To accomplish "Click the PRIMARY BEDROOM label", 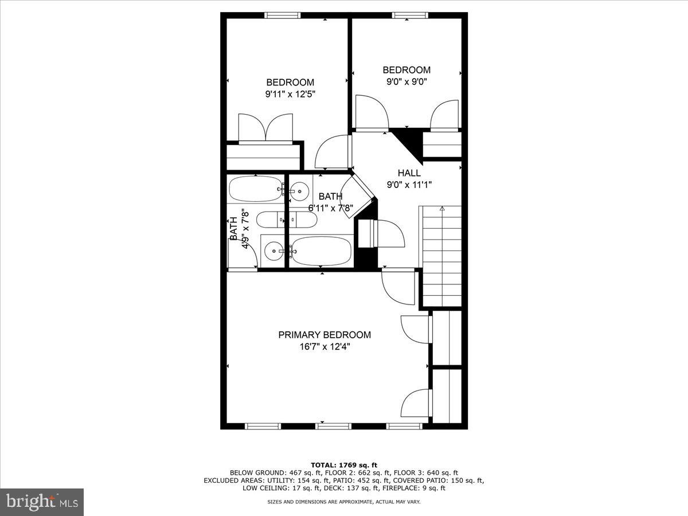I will (x=325, y=335).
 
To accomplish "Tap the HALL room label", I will (x=409, y=173).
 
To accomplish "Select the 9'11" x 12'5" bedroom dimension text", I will (x=290, y=94).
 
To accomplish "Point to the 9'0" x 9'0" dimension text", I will (x=406, y=81).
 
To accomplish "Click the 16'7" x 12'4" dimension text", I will (x=325, y=346).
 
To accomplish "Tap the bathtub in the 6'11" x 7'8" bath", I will (x=321, y=251).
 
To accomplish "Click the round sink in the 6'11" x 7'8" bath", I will (x=299, y=191).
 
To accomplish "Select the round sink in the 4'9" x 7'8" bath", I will (x=274, y=251).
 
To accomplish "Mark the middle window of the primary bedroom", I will (x=334, y=426).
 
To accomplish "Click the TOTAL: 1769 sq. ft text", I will (x=344, y=465).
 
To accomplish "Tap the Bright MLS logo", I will (x=42, y=502).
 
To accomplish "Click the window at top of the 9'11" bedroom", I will (x=282, y=15).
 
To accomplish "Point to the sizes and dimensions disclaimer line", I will (x=344, y=502).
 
